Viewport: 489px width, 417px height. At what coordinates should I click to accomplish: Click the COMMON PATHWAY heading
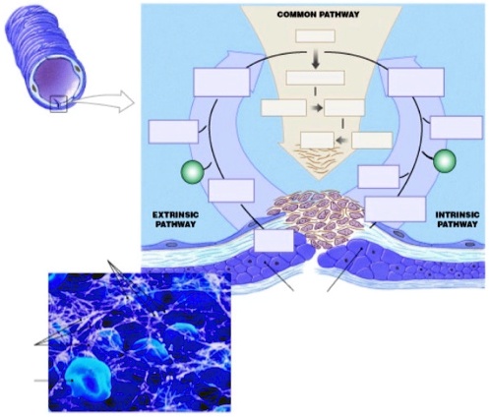coord(317,15)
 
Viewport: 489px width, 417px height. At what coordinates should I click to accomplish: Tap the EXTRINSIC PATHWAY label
coord(176,217)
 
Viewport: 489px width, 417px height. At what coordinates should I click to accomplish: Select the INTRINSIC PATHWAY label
coord(456,217)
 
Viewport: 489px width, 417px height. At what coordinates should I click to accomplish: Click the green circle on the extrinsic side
coord(193,173)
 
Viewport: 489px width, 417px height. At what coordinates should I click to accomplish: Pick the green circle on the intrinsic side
coord(445,160)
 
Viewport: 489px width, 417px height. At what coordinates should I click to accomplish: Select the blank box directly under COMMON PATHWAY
coord(316,35)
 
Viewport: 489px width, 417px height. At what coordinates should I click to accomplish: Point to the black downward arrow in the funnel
coord(316,59)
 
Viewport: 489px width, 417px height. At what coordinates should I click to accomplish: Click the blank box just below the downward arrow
coord(315,78)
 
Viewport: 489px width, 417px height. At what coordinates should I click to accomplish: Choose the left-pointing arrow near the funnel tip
coord(340,140)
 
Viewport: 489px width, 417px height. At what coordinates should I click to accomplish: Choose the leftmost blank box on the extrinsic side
coord(173,132)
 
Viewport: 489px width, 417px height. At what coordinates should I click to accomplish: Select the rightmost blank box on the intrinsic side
coord(456,127)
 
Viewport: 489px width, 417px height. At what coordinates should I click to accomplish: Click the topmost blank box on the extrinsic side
coord(221,82)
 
